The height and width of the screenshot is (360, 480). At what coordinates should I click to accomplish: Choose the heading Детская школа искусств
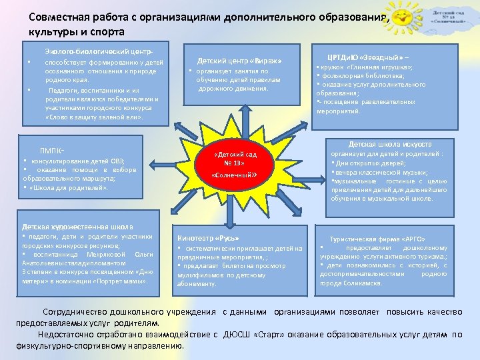390,144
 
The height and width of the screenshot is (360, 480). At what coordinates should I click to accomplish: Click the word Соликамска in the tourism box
363,283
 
